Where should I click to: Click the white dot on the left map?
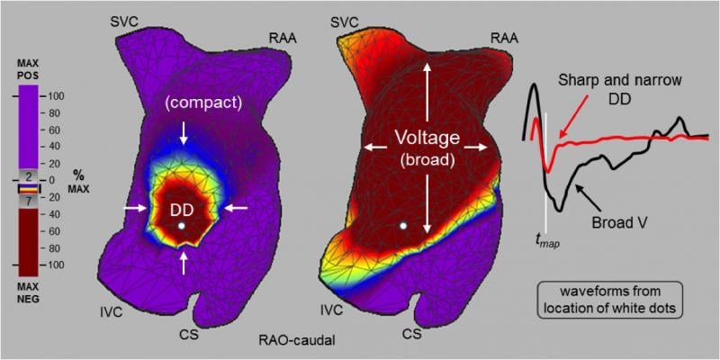coord(183,226)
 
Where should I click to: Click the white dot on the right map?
coord(404,223)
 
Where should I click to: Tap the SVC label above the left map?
coord(123,19)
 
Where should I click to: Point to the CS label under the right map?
coord(412,334)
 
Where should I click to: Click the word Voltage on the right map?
coord(427,139)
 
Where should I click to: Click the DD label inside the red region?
coord(183,209)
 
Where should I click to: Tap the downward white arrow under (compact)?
coord(184,133)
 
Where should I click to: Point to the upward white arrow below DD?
coord(184,260)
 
